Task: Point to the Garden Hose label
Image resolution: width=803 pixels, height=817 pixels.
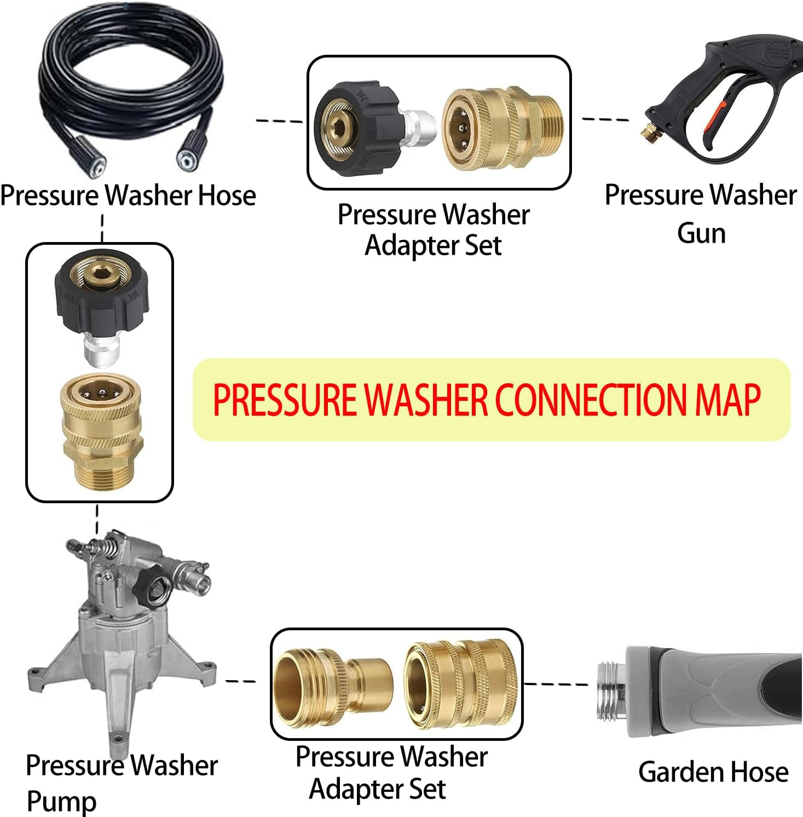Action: (713, 772)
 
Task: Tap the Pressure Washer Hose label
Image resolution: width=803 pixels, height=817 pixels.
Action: (128, 195)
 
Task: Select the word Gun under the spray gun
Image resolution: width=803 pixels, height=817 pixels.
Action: (701, 233)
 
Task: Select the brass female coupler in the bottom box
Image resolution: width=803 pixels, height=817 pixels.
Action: (460, 684)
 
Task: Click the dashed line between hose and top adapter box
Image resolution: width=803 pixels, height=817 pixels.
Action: (279, 120)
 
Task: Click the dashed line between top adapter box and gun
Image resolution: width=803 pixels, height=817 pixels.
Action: (605, 119)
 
